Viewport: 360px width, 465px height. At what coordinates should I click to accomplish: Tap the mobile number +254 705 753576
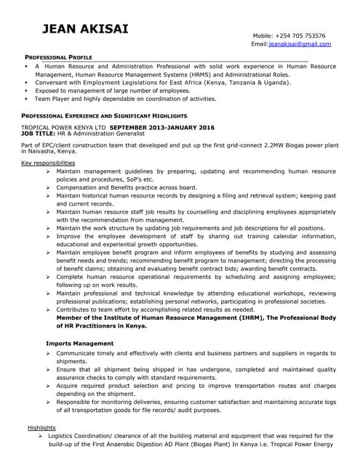coord(299,36)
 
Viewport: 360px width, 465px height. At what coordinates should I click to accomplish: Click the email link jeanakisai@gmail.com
coord(300,44)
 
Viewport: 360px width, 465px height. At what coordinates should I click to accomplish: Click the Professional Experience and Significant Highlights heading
coord(104,116)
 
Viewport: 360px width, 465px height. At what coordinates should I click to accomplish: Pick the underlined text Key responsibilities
coord(48,163)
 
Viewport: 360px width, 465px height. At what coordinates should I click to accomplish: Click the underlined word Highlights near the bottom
coord(41,427)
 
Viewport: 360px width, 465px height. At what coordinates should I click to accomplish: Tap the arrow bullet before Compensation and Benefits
coord(48,187)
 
